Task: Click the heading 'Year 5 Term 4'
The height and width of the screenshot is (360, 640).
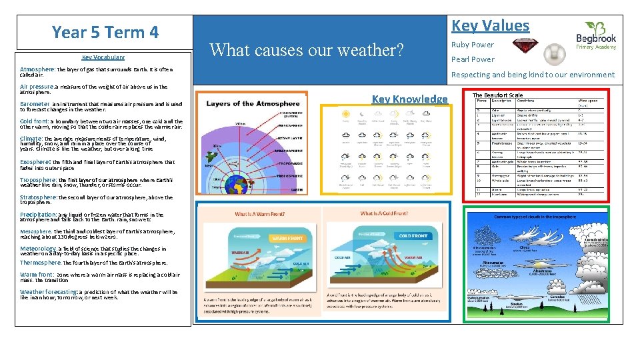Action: [105, 32]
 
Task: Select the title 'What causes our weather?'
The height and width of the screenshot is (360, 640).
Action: [307, 50]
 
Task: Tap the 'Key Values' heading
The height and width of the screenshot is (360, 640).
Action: [490, 26]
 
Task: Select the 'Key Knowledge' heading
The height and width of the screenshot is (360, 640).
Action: [409, 99]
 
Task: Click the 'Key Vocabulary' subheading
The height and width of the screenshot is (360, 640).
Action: [103, 57]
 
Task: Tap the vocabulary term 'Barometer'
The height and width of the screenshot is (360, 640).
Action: [35, 104]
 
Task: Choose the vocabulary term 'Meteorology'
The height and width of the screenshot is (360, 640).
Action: [38, 248]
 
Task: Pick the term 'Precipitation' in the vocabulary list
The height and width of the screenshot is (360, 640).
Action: [38, 215]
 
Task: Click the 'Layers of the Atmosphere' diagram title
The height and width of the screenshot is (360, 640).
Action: [253, 104]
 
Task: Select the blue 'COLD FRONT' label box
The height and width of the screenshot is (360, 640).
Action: [413, 235]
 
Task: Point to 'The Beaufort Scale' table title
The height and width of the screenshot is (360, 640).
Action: [497, 95]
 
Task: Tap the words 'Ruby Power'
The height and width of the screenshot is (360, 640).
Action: [472, 45]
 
